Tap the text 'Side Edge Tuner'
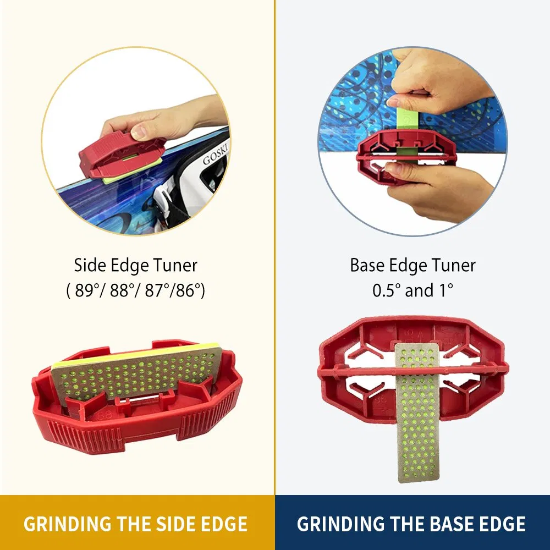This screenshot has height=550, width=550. click(x=136, y=266)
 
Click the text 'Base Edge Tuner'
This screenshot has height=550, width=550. click(x=413, y=266)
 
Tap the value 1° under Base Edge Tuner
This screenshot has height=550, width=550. click(x=444, y=290)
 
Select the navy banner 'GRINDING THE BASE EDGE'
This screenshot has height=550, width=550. click(x=411, y=523)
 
